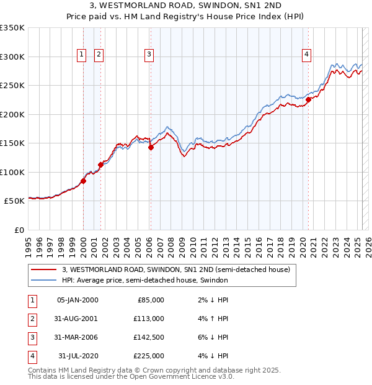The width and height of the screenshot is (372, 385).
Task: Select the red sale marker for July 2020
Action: pyautogui.click(x=308, y=100)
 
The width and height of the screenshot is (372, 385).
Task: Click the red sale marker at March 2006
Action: pyautogui.click(x=151, y=147)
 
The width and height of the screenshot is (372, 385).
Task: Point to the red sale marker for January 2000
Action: pyautogui.click(x=83, y=181)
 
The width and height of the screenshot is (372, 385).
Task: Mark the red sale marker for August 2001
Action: pyautogui.click(x=101, y=165)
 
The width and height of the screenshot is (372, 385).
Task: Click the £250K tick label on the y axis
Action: pyautogui.click(x=12, y=86)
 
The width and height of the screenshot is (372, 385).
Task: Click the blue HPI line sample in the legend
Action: pyautogui.click(x=43, y=280)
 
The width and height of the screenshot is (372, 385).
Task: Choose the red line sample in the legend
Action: pyautogui.click(x=43, y=269)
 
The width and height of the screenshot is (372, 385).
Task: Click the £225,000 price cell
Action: pyautogui.click(x=149, y=356)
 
